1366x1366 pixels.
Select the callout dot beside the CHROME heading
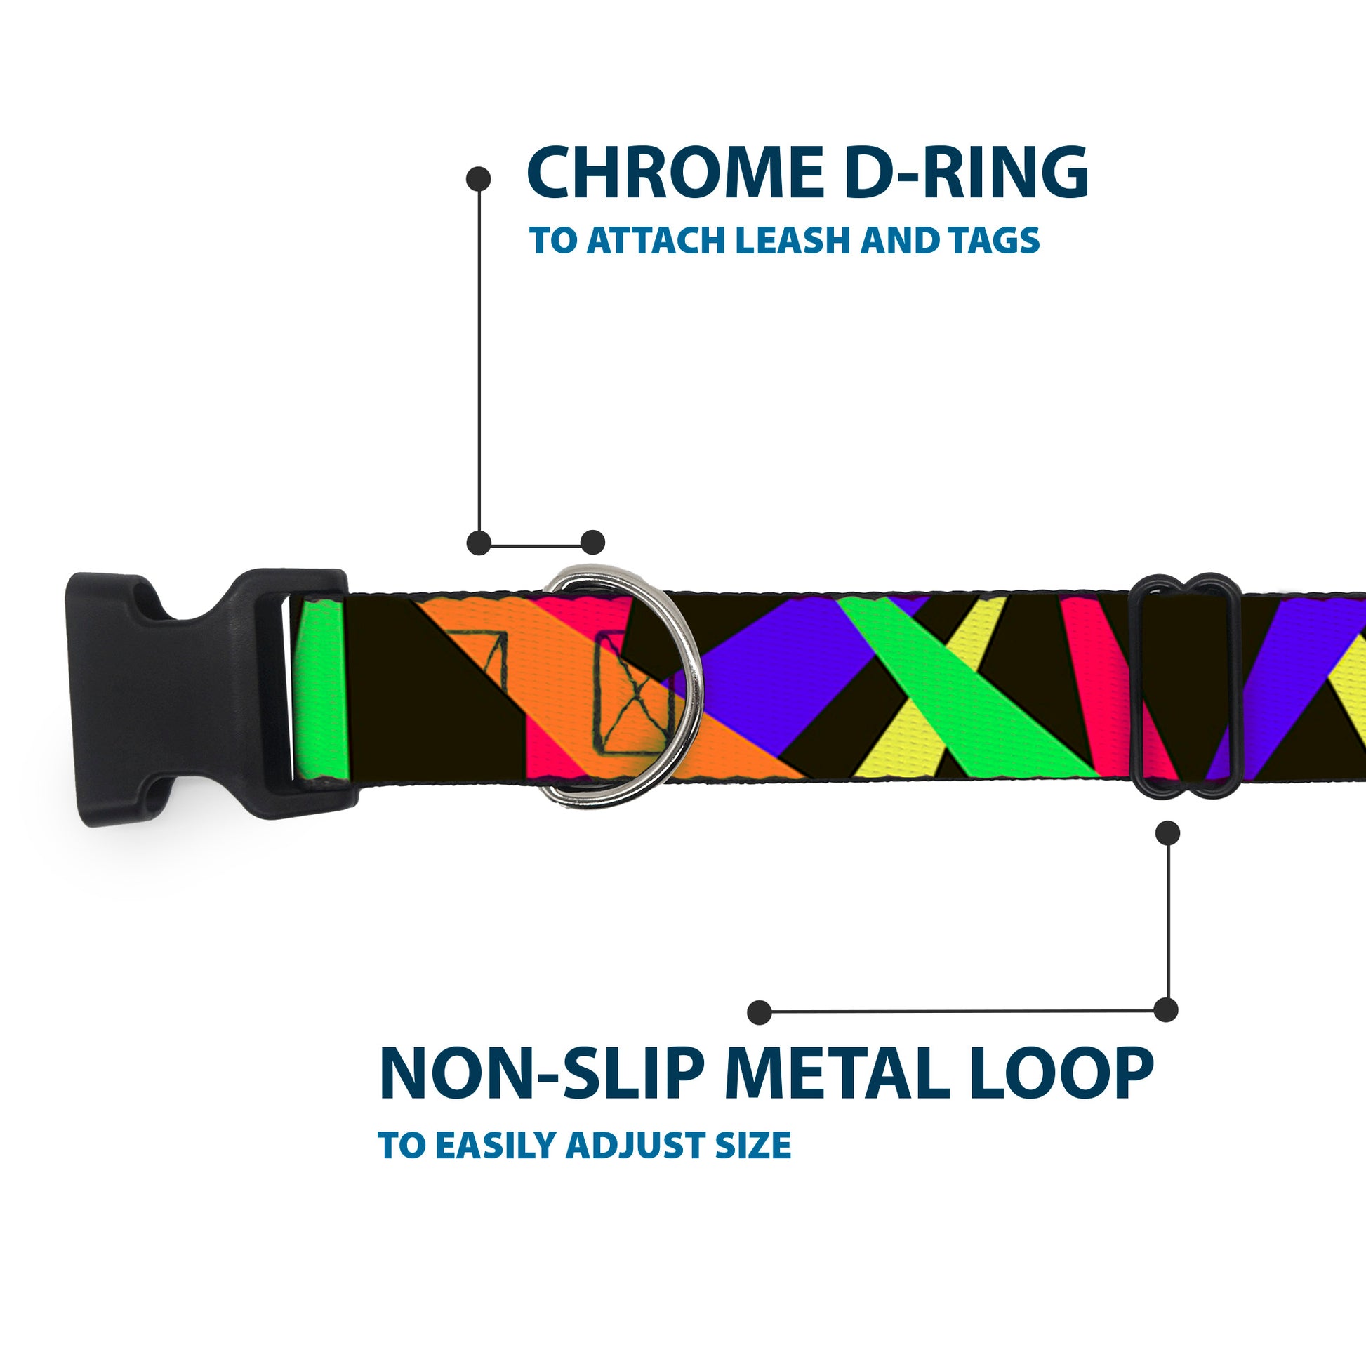click(479, 179)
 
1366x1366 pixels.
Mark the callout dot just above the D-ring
click(592, 543)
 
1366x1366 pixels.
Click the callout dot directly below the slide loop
click(1167, 833)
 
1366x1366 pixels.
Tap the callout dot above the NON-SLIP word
click(760, 1012)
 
